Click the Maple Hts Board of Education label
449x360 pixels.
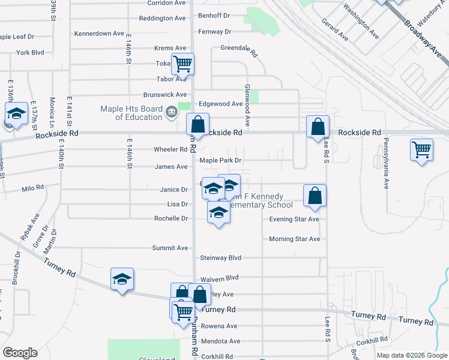click(131, 113)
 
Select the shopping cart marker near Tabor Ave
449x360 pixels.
click(182, 63)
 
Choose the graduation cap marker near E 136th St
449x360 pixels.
click(17, 113)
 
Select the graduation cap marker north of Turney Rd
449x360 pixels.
click(122, 279)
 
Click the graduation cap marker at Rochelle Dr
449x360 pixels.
click(218, 212)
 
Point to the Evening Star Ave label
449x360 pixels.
click(294, 219)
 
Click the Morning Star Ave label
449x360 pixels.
click(294, 239)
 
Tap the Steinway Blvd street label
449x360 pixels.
click(220, 258)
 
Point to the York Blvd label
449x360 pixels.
click(30, 53)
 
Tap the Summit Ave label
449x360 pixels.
click(170, 248)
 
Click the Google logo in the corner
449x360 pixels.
click(20, 353)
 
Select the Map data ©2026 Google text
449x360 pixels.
click(411, 355)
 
